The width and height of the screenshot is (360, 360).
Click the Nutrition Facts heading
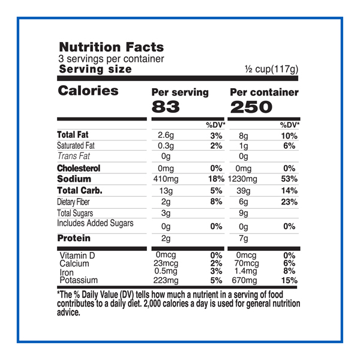[110, 47]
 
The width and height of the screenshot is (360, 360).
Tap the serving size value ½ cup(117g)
[271, 70]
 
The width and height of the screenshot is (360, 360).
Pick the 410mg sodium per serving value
[170, 179]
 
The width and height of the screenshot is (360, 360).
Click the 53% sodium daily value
[289, 179]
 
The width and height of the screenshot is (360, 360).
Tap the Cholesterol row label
[79, 169]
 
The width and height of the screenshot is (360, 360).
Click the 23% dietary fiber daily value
[289, 202]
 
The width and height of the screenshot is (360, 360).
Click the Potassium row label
[78, 280]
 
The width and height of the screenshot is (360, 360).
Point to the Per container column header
[264, 92]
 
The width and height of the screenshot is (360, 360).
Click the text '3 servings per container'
[111, 59]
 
